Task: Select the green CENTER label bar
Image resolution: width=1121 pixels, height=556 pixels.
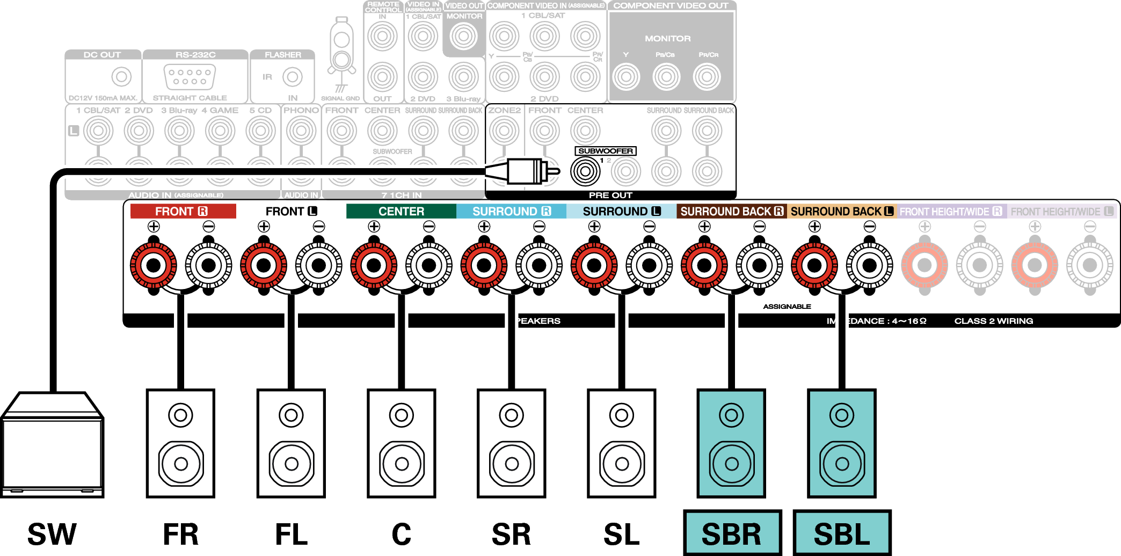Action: pos(401,211)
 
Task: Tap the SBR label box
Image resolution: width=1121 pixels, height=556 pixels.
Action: pos(732,533)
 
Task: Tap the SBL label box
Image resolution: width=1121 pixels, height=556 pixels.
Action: pos(842,533)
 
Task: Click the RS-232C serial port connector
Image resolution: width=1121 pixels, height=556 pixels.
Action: pos(190,77)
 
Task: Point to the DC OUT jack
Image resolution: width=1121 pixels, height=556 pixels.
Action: pos(121,77)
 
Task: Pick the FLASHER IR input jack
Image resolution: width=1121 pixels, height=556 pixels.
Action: pos(293,77)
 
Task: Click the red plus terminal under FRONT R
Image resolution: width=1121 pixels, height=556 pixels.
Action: pos(154,265)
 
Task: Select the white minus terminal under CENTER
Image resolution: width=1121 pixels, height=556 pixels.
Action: pos(428,265)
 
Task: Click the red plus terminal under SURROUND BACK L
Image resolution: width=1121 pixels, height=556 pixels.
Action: pos(814,265)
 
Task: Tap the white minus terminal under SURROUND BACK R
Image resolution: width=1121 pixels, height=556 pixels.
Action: pos(759,265)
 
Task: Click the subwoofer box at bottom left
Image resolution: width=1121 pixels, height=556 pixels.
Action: pos(52,446)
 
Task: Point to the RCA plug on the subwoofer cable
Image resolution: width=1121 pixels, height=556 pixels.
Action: pos(523,171)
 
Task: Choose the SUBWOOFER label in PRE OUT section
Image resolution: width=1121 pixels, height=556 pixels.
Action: pos(606,151)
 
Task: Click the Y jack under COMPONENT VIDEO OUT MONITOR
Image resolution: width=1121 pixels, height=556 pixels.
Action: pos(626,77)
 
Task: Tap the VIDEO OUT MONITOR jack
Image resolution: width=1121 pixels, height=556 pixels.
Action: pos(464,37)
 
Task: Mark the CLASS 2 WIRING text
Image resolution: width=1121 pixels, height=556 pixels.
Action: pos(993,321)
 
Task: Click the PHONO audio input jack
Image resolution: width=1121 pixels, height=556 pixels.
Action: pos(301,131)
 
